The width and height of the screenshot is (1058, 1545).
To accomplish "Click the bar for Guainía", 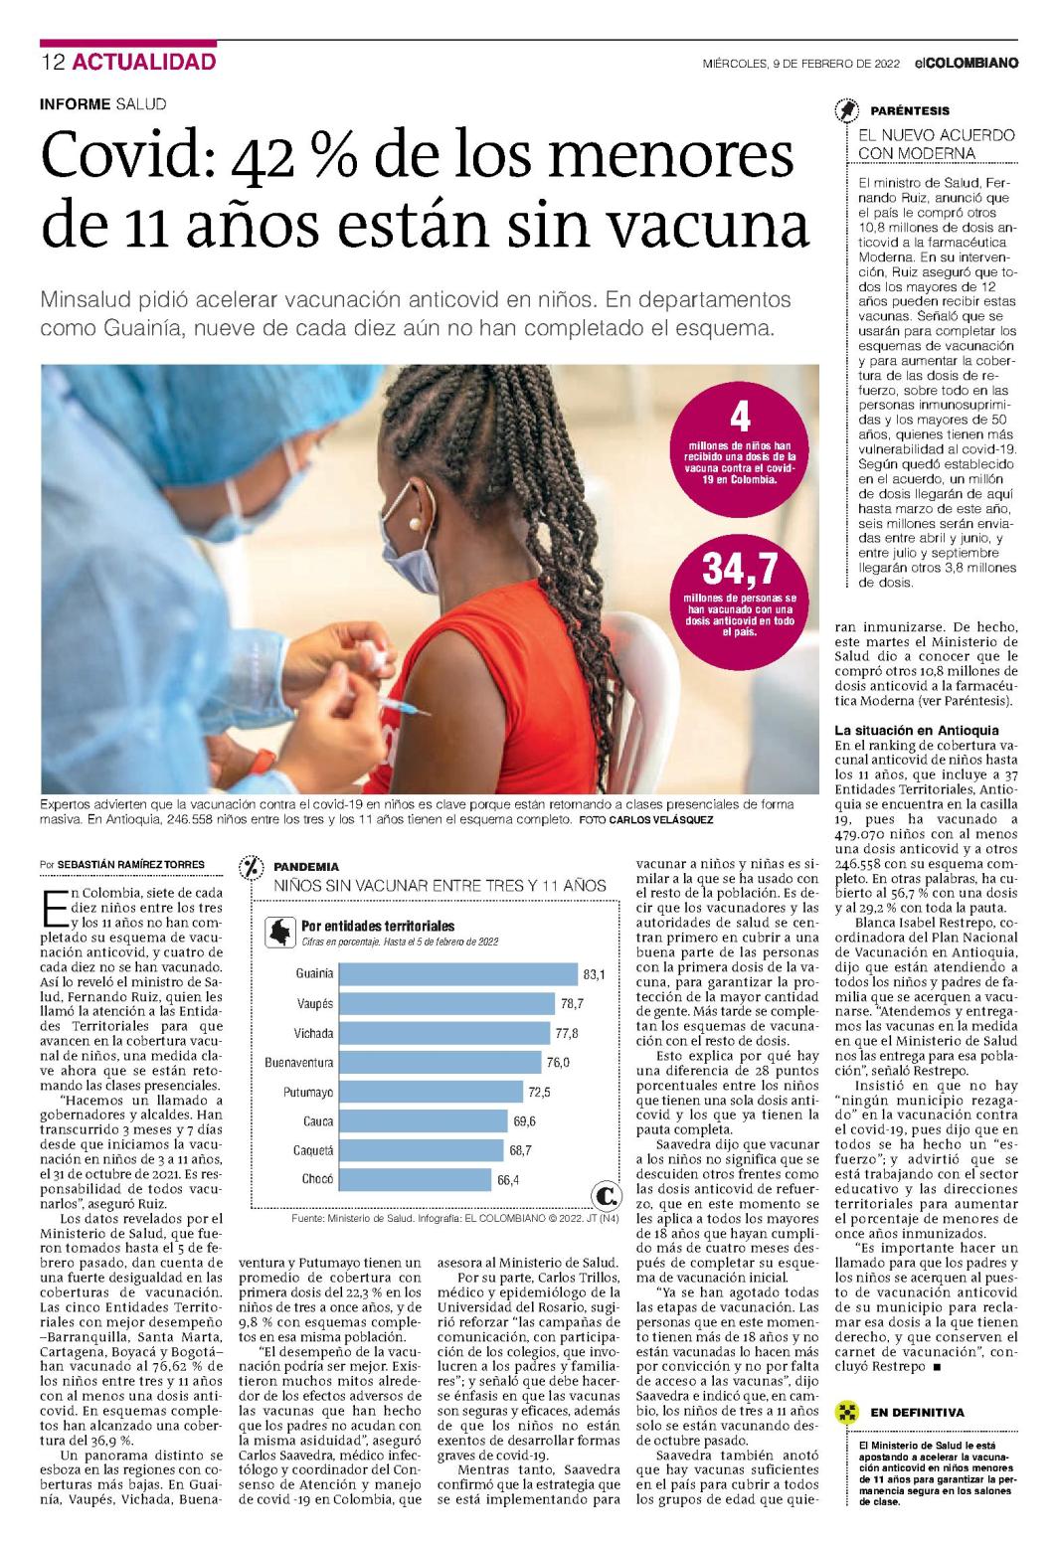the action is point(458,974).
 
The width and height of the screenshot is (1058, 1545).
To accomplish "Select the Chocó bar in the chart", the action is point(416,1179).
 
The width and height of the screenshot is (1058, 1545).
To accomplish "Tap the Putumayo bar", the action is point(432,1092).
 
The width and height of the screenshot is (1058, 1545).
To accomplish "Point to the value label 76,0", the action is point(558,1062).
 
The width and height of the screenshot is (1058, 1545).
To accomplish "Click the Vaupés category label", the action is point(315,1003).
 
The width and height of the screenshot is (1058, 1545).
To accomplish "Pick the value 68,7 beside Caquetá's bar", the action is point(520,1150).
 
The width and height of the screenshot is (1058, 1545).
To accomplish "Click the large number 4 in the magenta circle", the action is point(740,417).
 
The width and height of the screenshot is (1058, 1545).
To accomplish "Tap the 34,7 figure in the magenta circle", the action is point(740,568).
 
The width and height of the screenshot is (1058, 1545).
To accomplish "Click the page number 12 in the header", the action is point(53,62).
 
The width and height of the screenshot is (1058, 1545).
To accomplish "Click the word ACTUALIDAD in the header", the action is point(144,62).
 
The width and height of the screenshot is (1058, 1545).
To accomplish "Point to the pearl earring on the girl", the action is point(415,525).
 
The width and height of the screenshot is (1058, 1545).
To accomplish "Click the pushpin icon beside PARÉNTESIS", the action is point(847,110).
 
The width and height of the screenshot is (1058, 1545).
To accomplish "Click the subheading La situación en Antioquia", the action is point(916,730).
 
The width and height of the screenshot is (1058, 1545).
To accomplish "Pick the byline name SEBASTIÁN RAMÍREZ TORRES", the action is point(131,864).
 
